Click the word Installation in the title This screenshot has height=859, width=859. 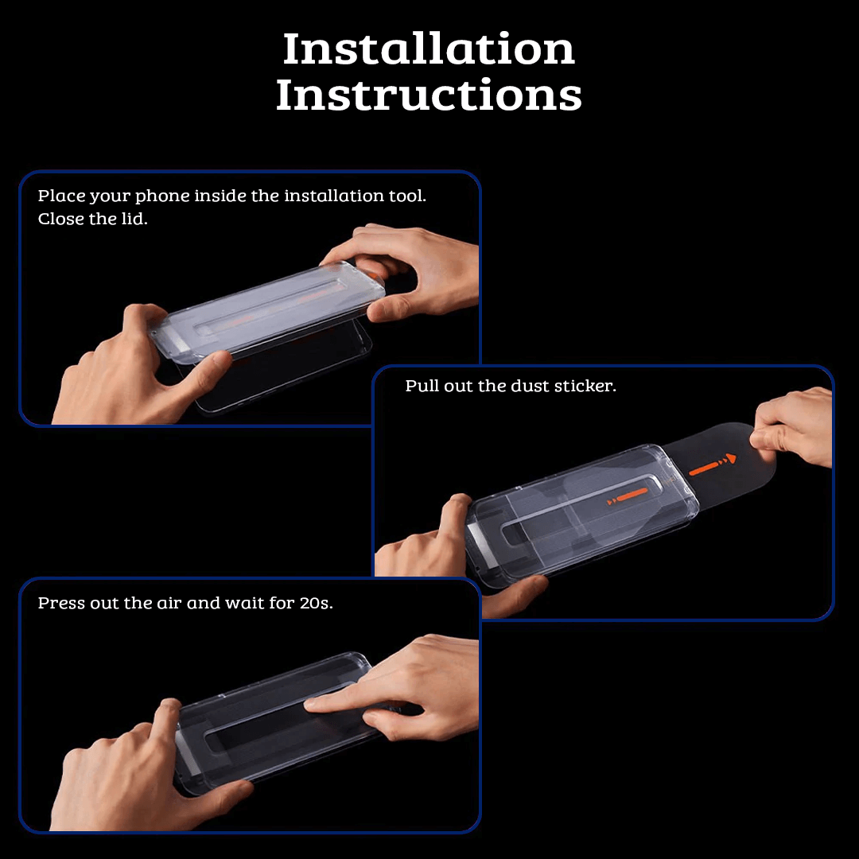pos(429,49)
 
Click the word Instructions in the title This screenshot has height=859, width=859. pos(429,95)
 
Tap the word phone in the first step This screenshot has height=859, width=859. pos(162,196)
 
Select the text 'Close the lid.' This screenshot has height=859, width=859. pos(92,219)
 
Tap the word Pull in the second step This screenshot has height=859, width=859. pos(422,386)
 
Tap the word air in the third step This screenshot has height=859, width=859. pos(169,603)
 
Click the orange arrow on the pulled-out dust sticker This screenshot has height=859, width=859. pos(712,465)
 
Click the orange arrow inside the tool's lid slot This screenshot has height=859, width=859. pos(628,496)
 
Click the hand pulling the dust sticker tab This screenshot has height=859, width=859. pos(795,426)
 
